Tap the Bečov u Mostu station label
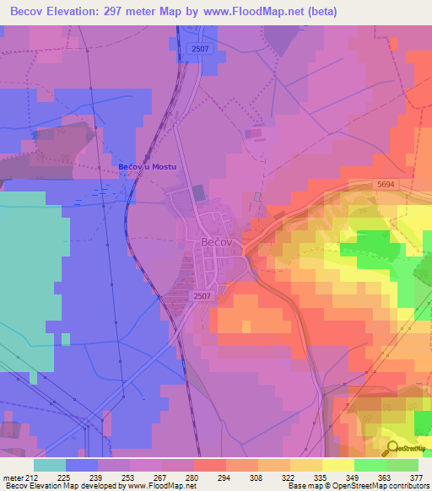[x=148, y=167]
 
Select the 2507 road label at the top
[x=200, y=49]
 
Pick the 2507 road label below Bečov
[x=202, y=296]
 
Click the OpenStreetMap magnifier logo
[x=392, y=448]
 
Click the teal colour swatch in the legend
[x=50, y=465]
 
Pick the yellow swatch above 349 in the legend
[x=337, y=465]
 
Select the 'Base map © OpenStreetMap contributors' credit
[x=359, y=486]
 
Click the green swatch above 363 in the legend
[x=370, y=465]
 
